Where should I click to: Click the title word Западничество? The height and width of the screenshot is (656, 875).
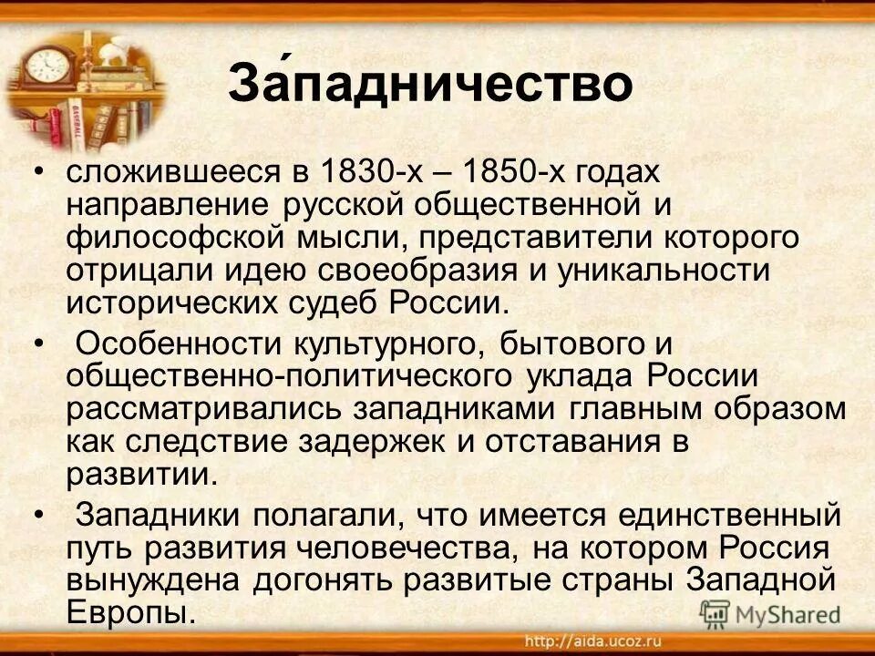429,85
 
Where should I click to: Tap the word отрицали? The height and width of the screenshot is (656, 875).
135,271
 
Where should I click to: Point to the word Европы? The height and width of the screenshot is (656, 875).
131,611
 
